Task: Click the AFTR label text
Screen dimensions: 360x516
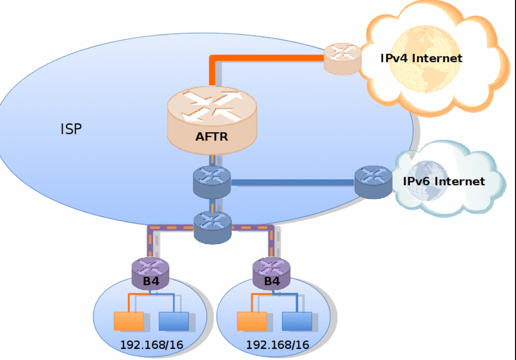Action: point(211,136)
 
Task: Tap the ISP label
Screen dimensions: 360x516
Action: point(71,129)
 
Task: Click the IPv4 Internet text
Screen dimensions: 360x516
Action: point(421,58)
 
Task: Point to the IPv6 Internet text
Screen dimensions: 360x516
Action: point(443,181)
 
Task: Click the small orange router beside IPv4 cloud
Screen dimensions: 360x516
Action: point(343,58)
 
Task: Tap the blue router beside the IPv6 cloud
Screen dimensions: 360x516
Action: point(373,182)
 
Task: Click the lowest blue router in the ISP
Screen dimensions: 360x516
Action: point(212,227)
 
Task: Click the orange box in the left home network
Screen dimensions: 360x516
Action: point(128,321)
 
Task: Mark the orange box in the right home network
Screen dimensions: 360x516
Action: point(251,321)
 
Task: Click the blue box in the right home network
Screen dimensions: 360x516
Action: point(297,321)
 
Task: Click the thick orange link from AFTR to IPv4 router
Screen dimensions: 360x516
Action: point(268,58)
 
